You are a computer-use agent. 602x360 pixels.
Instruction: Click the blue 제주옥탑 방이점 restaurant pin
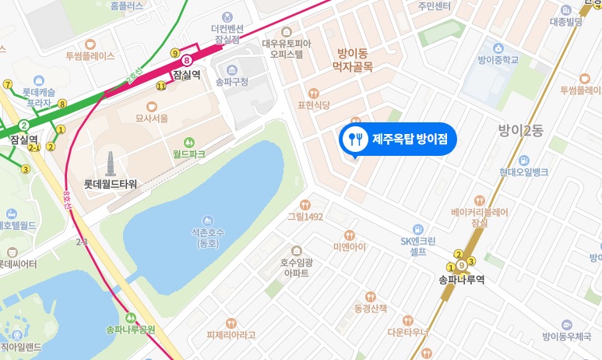tap(398, 139)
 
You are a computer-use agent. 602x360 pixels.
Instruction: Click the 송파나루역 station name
tap(461, 281)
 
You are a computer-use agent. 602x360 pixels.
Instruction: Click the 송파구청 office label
tap(231, 81)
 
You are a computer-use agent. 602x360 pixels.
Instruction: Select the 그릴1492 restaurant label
tap(305, 217)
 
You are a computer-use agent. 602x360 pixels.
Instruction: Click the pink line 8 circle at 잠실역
tap(187, 59)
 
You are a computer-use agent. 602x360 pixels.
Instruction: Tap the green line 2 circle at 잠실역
tap(25, 125)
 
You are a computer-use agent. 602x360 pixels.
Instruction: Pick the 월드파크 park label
tap(189, 154)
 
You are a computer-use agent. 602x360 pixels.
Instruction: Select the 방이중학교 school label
tap(498, 58)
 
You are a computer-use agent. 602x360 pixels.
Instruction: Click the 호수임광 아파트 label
tap(296, 268)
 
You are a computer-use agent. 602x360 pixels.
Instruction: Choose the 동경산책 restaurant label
tap(370, 308)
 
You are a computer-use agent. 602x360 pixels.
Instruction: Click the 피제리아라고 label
tap(231, 334)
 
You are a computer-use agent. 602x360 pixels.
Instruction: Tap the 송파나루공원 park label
tap(131, 329)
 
